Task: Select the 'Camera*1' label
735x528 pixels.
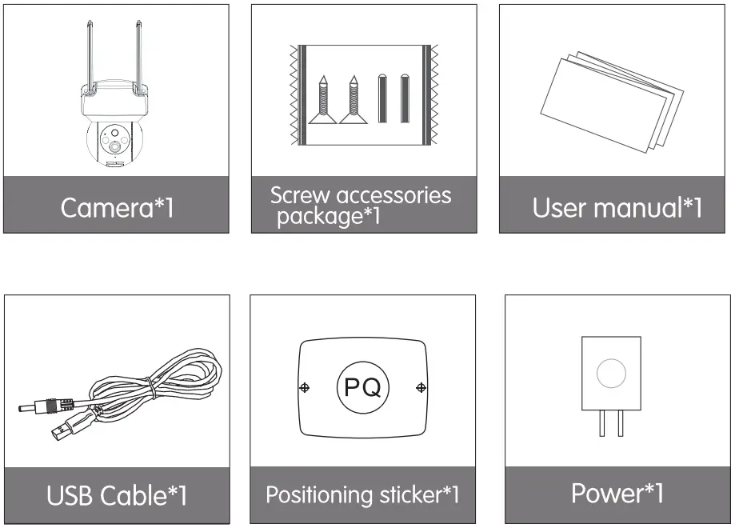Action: (x=117, y=208)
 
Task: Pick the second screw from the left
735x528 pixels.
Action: (x=353, y=101)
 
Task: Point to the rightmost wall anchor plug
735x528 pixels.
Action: (x=405, y=98)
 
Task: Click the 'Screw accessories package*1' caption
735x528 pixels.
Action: (x=361, y=206)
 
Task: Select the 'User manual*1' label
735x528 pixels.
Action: (x=617, y=208)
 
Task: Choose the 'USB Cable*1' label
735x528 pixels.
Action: (x=117, y=495)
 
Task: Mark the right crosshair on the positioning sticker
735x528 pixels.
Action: (x=421, y=388)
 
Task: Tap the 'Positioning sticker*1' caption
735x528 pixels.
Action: (x=362, y=494)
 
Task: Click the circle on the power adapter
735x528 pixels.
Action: (x=612, y=374)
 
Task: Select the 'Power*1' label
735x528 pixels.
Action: (x=617, y=493)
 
